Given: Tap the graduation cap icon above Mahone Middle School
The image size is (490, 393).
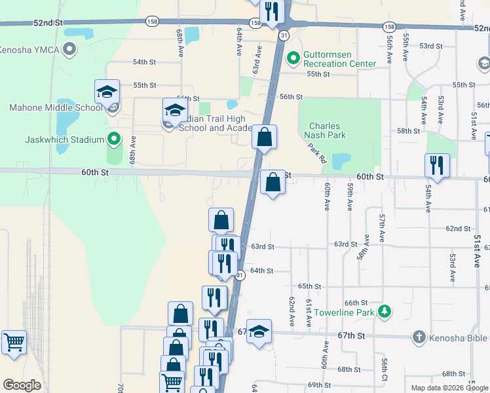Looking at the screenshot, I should [107, 93].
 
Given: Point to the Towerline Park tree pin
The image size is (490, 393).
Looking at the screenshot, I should [387, 312].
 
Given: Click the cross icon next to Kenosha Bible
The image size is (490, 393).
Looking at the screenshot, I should [419, 337].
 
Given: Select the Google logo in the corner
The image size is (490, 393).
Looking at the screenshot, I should [22, 385].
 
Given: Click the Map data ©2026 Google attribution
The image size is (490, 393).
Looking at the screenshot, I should [449, 388].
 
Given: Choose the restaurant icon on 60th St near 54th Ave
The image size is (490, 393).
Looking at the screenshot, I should [436, 166].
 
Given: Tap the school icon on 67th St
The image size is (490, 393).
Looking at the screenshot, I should [260, 333].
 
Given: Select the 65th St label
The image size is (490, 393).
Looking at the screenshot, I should [309, 286].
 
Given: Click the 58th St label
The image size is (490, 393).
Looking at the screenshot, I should [408, 131].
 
